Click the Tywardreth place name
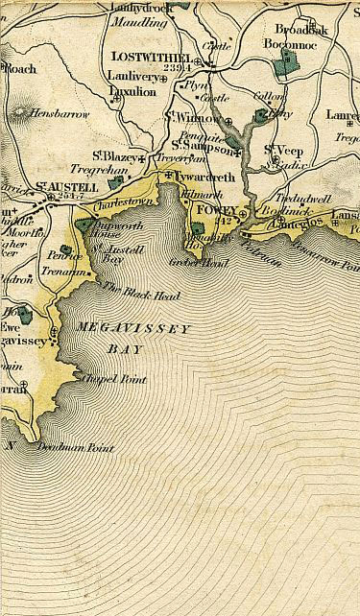[202, 177]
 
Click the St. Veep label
[283, 148]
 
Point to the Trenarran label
[65, 272]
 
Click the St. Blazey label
[111, 154]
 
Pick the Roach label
[20, 69]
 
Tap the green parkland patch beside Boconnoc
[283, 66]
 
